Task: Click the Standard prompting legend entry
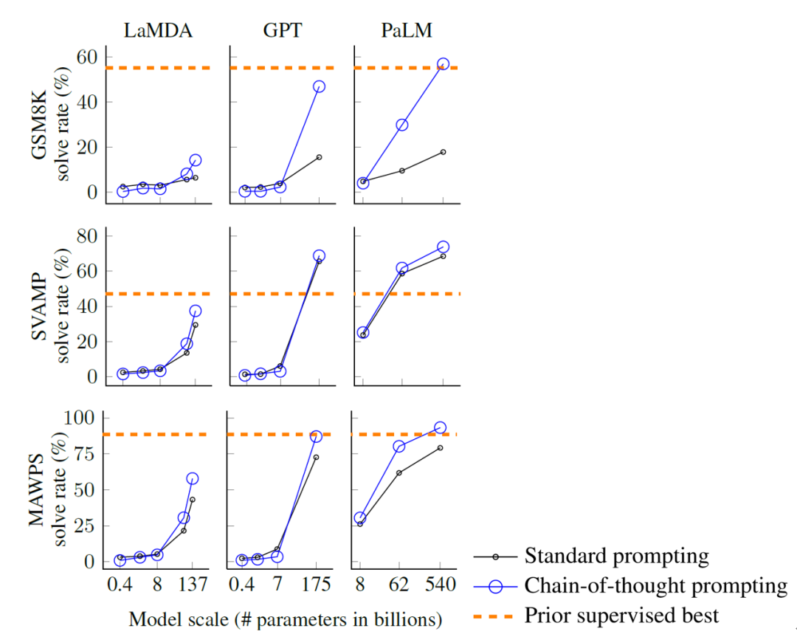616,555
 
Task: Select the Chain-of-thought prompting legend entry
656,585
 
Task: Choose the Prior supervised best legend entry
621,614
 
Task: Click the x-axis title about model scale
286,619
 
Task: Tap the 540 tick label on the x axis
439,585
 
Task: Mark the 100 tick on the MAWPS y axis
80,418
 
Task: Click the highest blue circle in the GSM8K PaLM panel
444,64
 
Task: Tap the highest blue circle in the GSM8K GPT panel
319,86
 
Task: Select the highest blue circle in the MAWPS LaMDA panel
193,478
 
